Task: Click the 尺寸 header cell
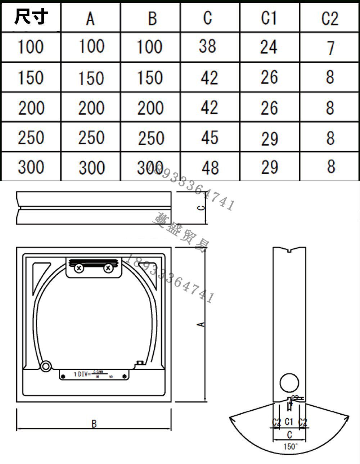coord(31,17)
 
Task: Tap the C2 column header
coord(330,18)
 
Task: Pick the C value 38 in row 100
coord(208,46)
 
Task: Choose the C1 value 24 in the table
coord(269,47)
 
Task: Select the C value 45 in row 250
coord(210,138)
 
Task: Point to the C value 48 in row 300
coord(210,167)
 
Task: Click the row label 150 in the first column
coord(31,78)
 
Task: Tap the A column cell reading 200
coord(91,108)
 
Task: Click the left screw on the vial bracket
coord(79,268)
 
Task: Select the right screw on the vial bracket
coord(108,268)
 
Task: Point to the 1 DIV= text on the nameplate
coord(82,374)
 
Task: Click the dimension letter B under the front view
coord(94,424)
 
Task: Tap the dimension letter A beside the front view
coord(202,324)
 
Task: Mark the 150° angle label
coord(291,447)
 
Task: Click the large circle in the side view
coord(289,382)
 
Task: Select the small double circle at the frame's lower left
coord(46,366)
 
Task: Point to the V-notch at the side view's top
coord(290,249)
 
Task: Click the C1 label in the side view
coord(289,422)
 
